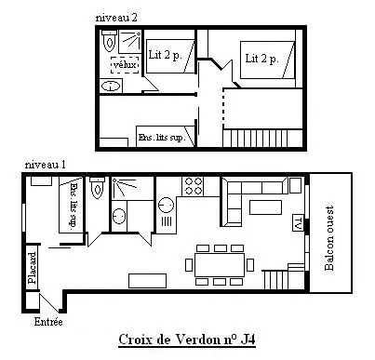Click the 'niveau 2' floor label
(x=116, y=18)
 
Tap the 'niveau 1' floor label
(x=46, y=165)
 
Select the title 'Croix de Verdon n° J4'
(x=187, y=340)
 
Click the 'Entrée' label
(x=48, y=322)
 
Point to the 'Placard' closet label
(x=32, y=268)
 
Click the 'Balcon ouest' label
(x=329, y=238)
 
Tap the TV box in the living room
(x=297, y=222)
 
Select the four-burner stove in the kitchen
(x=193, y=186)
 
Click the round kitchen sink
(x=166, y=206)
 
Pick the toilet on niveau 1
(x=97, y=188)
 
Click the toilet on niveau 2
(x=109, y=41)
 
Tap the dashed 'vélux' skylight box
(x=125, y=65)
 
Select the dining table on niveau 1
(x=220, y=265)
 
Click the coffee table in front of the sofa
(x=265, y=207)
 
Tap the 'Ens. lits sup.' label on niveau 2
(x=162, y=138)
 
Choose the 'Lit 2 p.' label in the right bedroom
(x=261, y=59)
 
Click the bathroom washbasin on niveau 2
(x=111, y=86)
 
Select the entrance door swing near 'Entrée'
(x=49, y=302)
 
